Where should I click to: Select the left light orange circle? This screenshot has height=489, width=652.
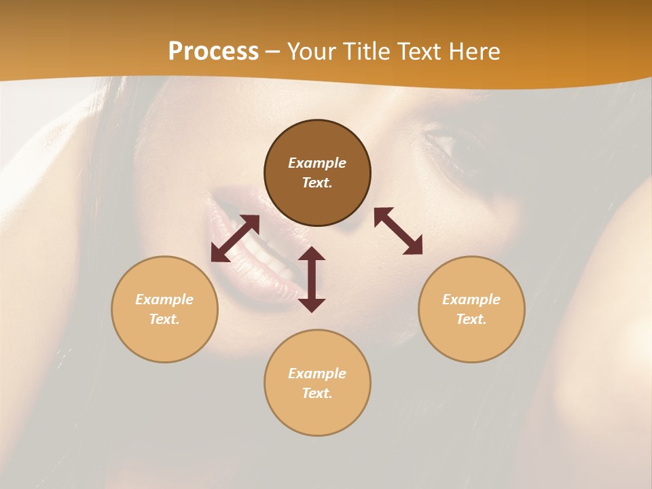164,309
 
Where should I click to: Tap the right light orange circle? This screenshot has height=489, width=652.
471,309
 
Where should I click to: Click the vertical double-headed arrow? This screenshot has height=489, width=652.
312,279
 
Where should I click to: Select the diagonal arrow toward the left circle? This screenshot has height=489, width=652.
235,238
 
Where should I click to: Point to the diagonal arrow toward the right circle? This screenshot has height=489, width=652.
398,231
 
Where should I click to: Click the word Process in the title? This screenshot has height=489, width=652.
213,51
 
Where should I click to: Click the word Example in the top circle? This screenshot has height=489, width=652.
317,163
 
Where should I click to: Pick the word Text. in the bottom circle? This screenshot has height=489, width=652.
317,393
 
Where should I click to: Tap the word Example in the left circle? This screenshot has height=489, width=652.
164,300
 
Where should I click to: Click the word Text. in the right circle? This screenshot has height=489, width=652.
471,319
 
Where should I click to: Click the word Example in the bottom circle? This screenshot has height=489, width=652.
317,374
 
